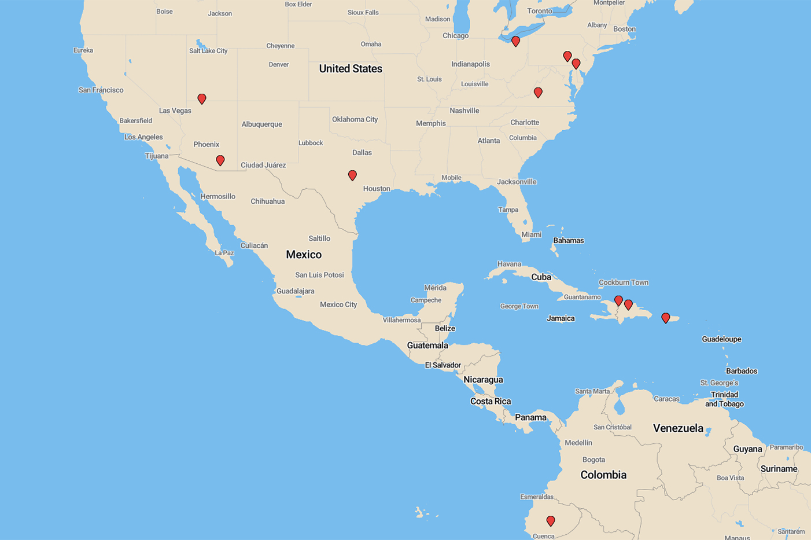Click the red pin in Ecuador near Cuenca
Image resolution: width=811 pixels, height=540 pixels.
pos(551,521)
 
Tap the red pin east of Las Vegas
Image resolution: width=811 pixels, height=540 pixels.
pos(202,99)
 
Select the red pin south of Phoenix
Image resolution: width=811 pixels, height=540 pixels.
pos(220,160)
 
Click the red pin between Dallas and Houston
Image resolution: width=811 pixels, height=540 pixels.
pos(352,175)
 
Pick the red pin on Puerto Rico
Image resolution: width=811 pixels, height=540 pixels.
pos(666,318)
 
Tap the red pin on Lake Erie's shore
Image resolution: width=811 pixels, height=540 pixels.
pos(515,41)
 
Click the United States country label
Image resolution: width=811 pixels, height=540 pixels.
pos(351,68)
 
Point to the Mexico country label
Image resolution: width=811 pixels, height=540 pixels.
pos(304,254)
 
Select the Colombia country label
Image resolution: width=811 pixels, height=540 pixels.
pos(603,475)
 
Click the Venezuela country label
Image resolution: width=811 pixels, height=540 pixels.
pos(678,428)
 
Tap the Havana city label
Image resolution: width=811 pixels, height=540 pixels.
pos(509,264)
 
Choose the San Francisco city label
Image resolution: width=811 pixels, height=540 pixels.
pos(101,90)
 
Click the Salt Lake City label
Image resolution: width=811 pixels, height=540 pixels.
pos(208,51)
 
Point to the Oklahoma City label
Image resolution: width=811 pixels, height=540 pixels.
pos(355,119)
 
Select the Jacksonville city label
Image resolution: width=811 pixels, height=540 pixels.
pos(517,182)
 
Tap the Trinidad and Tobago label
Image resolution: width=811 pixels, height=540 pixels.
pos(724,399)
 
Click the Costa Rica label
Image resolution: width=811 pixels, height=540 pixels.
pos(491,401)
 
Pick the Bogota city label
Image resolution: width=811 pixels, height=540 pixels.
pos(593,460)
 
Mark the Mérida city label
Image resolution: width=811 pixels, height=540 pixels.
pos(435,288)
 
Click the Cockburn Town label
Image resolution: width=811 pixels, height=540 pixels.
pos(624,282)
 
